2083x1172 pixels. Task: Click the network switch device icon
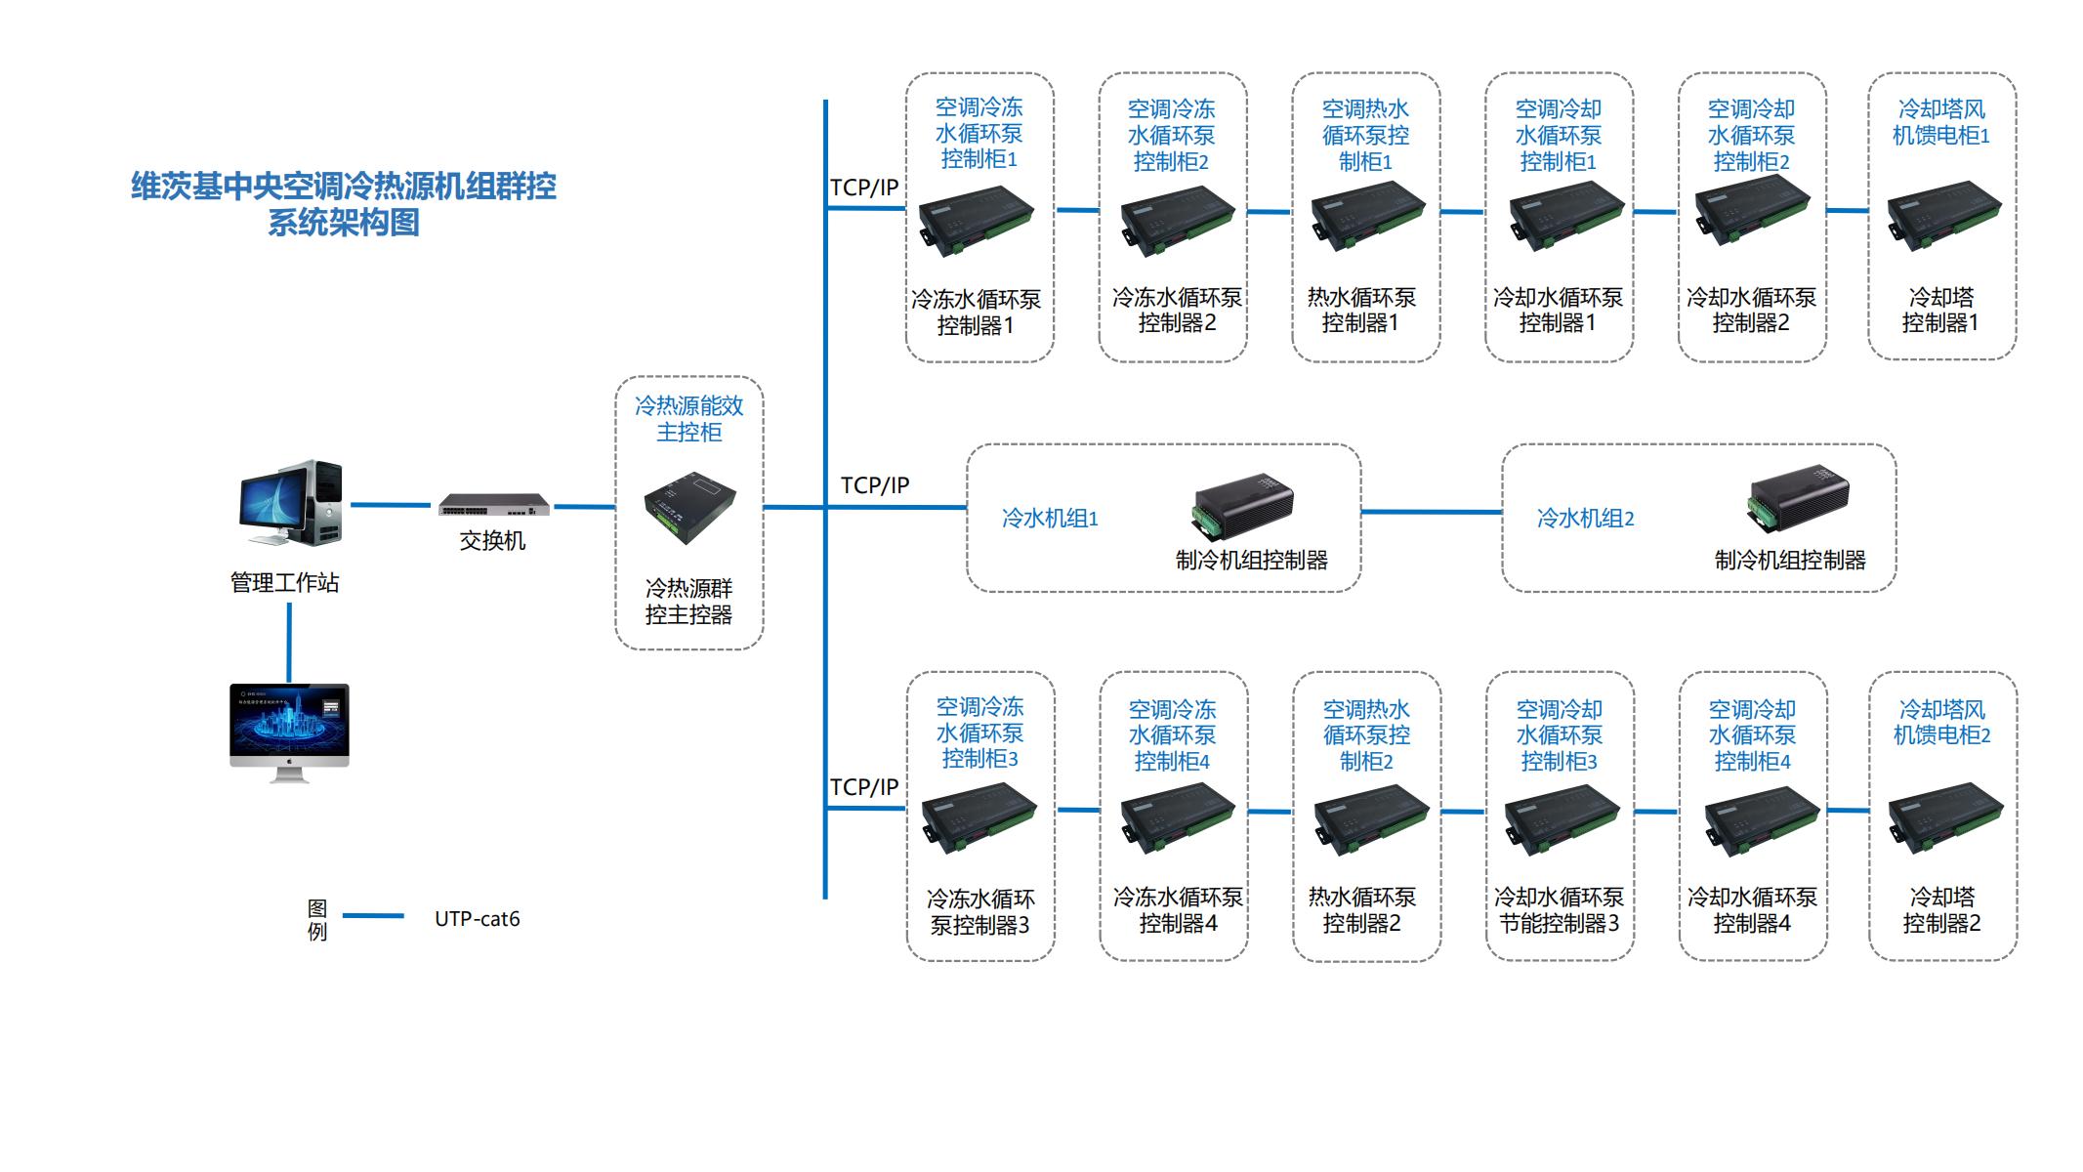(493, 505)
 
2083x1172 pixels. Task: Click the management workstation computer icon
(291, 503)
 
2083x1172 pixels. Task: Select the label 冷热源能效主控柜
(688, 418)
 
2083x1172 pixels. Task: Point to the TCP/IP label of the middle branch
(874, 485)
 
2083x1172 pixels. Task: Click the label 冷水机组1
(1050, 519)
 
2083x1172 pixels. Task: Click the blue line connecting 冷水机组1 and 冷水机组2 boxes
(1431, 512)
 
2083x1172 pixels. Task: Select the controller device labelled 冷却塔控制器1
(1942, 216)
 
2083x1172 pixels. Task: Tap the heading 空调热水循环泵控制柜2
(1366, 735)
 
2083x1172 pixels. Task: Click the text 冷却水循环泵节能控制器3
(1559, 910)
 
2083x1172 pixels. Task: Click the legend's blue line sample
(373, 916)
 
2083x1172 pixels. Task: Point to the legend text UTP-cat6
(477, 919)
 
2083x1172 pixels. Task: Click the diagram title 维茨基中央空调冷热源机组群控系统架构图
(344, 204)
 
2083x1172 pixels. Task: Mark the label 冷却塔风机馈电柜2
(1941, 723)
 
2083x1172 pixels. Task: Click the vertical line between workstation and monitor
(289, 642)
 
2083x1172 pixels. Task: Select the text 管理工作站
(284, 583)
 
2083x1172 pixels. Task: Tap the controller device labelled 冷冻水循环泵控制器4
(1177, 819)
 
